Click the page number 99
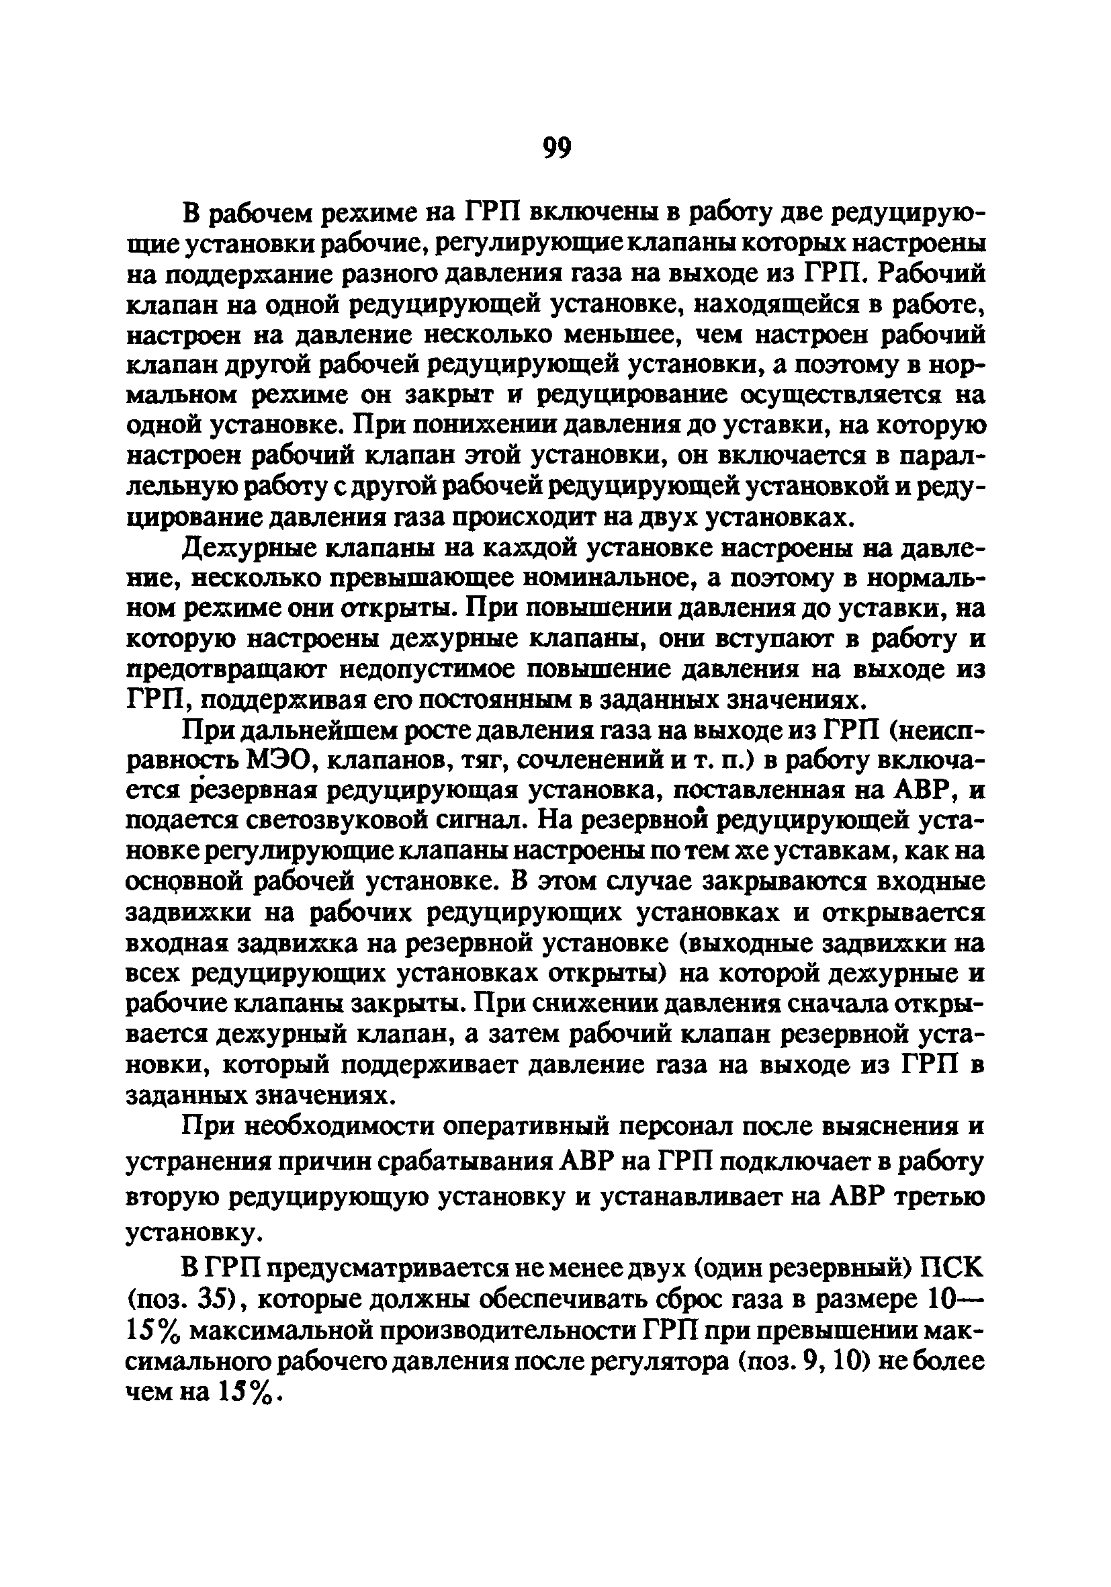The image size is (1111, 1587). point(557,148)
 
